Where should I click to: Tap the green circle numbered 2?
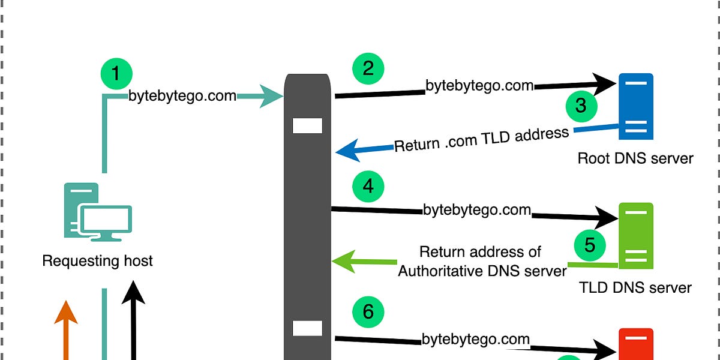368,67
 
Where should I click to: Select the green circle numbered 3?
581,106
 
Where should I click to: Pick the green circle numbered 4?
368,186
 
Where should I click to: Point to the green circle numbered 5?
589,245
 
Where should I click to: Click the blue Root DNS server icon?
635,106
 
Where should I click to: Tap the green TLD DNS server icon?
636,236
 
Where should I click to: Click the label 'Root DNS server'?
635,158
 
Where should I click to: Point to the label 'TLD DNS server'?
635,287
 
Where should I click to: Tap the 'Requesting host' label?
97,261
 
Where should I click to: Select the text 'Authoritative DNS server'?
482,271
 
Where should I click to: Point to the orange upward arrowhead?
66,312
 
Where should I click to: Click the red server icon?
636,344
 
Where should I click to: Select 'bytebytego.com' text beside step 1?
182,96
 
